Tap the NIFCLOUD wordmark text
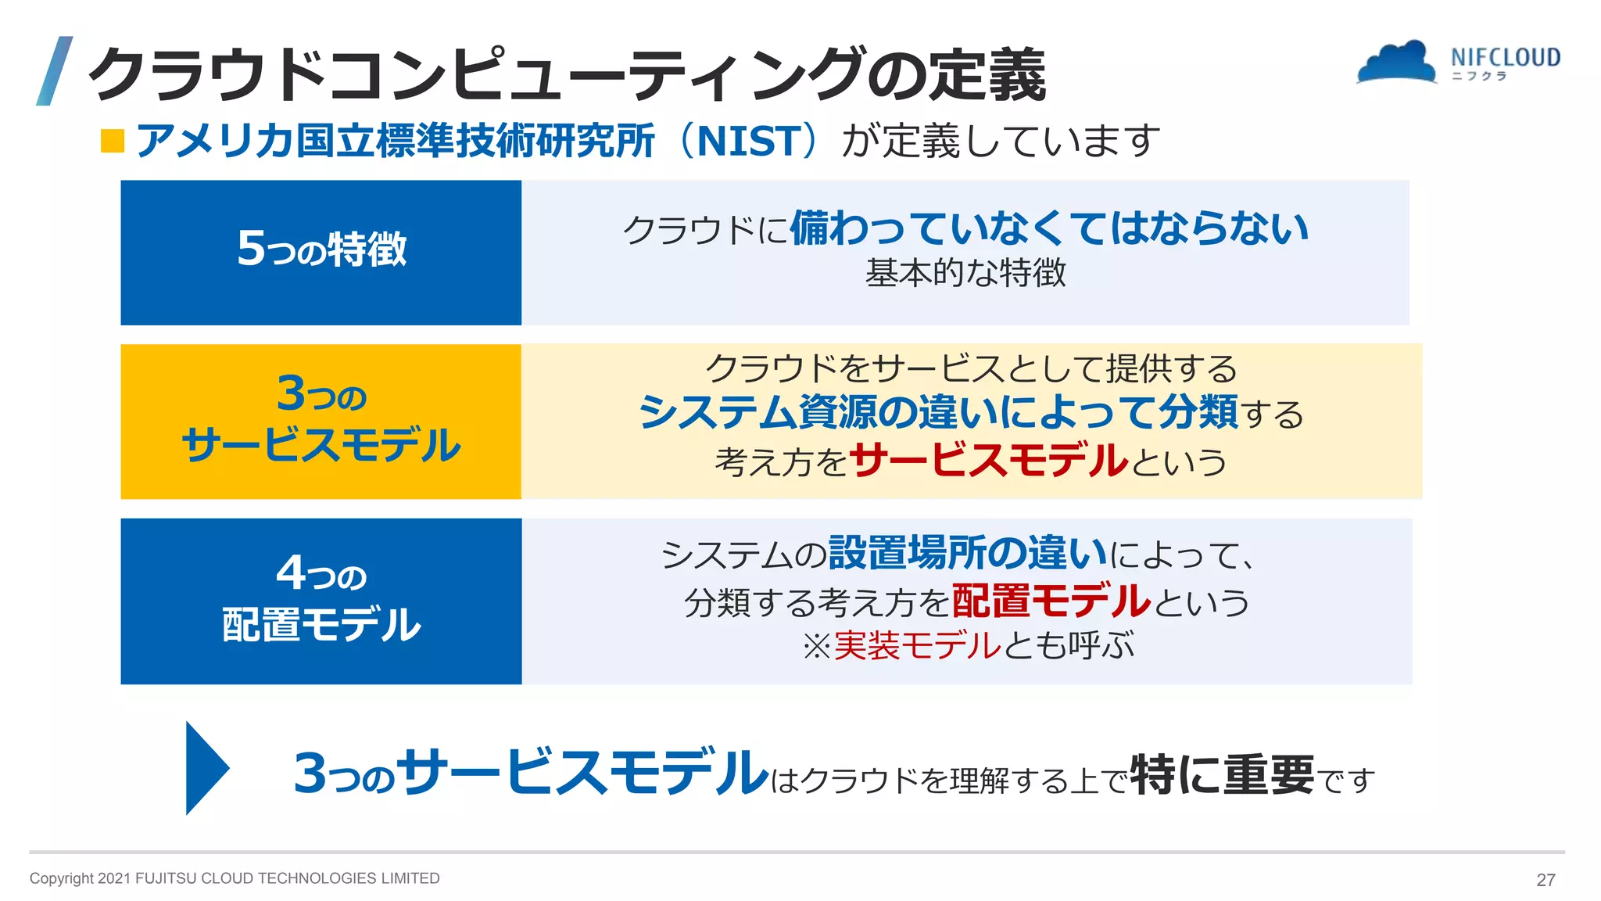click(1505, 57)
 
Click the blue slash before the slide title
click(55, 70)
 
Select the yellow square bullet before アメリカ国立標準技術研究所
click(113, 142)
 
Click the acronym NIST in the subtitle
click(748, 142)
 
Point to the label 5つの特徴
click(321, 249)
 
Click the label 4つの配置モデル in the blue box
click(321, 599)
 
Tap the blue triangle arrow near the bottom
click(206, 768)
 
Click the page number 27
click(1545, 880)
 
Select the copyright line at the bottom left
click(235, 878)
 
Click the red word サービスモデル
click(989, 460)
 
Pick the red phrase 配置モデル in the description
click(1051, 601)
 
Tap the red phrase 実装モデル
click(916, 646)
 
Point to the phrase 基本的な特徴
click(965, 273)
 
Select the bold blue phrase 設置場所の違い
click(968, 553)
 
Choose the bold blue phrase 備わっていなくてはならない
click(1048, 228)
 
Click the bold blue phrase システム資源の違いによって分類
click(938, 412)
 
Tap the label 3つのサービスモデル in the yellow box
click(321, 420)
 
